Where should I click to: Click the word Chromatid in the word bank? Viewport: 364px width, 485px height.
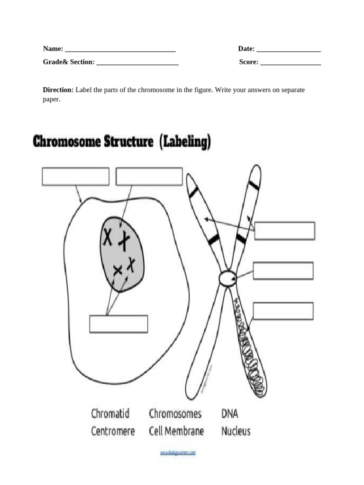coord(110,414)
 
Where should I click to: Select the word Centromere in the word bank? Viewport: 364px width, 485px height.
coord(113,431)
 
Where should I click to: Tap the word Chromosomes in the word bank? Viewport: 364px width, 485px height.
coord(175,414)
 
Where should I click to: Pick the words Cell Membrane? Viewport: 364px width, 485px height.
coord(176,431)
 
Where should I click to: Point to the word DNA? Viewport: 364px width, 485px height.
coord(229,414)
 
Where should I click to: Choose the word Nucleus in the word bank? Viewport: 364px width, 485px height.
coord(236,431)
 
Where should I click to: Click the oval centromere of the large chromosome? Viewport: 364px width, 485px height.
coord(227,278)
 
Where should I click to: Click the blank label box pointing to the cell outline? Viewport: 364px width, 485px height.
coord(75,177)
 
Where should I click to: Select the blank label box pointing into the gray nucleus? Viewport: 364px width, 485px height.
coord(149,177)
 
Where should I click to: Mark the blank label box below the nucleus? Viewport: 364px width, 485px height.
coord(118,324)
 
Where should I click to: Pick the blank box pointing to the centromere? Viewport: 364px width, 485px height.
coord(283,270)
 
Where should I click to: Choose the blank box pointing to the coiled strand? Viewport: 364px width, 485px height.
coord(283,311)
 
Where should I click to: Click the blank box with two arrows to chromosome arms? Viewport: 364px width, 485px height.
coord(284,231)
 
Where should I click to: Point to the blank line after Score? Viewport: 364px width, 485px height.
coord(290,63)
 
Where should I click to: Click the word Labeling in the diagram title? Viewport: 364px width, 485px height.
coord(185,142)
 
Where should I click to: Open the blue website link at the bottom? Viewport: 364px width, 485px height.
coord(178,453)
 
